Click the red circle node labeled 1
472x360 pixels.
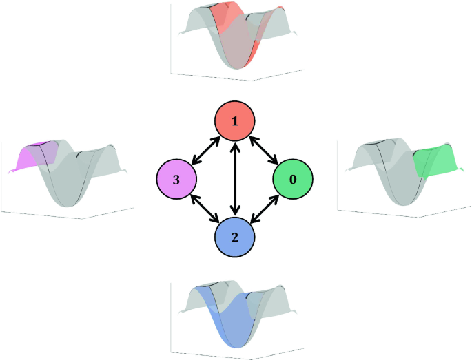point(235,122)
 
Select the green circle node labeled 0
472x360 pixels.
point(293,179)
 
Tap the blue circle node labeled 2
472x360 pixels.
point(235,237)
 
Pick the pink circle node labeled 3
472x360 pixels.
point(177,180)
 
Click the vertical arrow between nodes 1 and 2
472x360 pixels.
point(235,179)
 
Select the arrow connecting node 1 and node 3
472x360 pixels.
point(206,151)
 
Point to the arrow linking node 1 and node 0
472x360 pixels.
point(264,150)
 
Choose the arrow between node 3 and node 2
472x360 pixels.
point(206,208)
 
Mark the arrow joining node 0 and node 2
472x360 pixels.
point(264,208)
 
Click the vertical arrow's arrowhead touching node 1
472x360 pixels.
point(235,147)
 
